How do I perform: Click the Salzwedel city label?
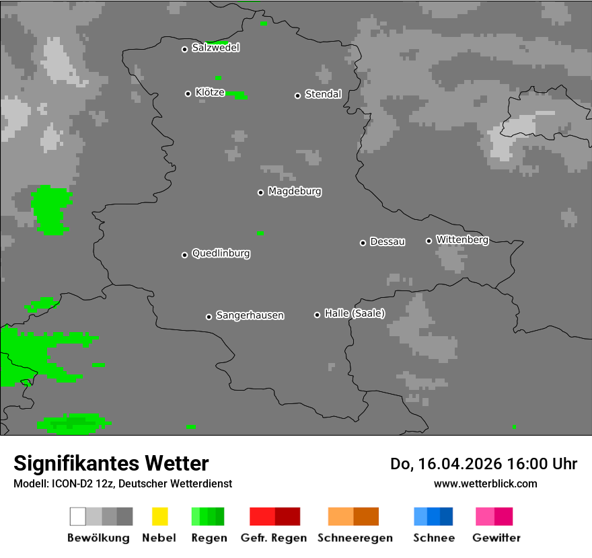[x=215, y=48]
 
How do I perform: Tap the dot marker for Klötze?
[x=188, y=93]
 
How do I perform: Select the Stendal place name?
[x=323, y=94]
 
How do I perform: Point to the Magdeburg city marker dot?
[x=260, y=192]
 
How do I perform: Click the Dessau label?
[x=387, y=241]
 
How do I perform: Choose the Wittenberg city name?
[x=462, y=239]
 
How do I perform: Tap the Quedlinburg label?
[x=221, y=253]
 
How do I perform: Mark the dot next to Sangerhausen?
[x=209, y=317]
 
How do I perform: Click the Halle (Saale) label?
[x=355, y=313]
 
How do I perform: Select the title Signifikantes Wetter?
[x=111, y=463]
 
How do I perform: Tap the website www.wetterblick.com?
[x=485, y=483]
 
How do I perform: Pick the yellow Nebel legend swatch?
[x=159, y=516]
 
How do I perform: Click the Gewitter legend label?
[x=496, y=538]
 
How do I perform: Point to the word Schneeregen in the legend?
[x=355, y=538]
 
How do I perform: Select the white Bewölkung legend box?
[x=78, y=516]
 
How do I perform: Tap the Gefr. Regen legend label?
[x=273, y=538]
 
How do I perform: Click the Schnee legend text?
[x=434, y=538]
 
